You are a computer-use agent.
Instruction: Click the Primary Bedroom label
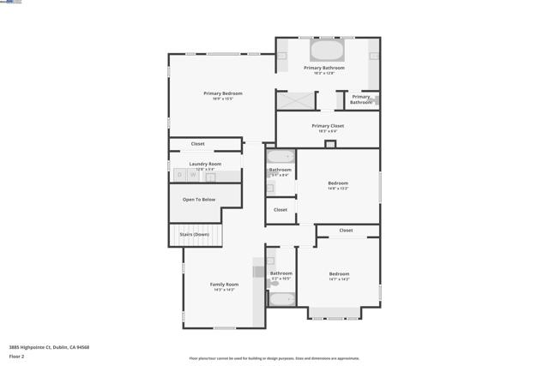tap(222, 93)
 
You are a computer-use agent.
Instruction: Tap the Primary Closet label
tap(328, 126)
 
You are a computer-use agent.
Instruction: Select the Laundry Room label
tap(205, 164)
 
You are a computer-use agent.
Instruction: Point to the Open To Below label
tap(199, 200)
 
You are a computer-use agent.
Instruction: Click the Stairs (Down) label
tap(194, 234)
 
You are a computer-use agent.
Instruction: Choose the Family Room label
tap(224, 284)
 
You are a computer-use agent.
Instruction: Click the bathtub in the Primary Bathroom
tap(326, 49)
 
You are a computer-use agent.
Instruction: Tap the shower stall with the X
tap(293, 100)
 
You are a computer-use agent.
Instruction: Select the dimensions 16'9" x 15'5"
tap(222, 99)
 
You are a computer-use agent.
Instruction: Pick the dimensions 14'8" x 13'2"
tap(338, 189)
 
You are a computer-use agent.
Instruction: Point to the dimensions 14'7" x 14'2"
tap(339, 279)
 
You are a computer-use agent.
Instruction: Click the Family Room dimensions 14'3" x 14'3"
tap(224, 290)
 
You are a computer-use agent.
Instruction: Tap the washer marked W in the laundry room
tap(194, 175)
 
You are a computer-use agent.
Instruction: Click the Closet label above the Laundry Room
tap(198, 144)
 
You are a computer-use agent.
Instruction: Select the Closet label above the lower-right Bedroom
tap(346, 231)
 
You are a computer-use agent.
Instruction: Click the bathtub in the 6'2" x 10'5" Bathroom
tap(281, 299)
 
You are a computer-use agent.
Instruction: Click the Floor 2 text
tap(17, 356)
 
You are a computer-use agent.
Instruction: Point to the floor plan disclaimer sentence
tap(274, 358)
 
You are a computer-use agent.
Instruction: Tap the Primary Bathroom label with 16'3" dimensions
tap(324, 68)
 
